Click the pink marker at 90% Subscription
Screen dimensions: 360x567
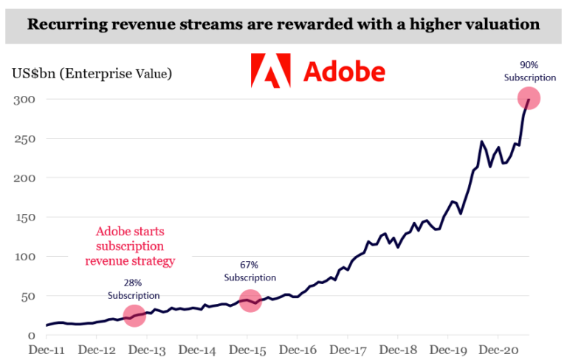point(529,98)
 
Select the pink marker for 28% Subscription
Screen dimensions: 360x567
point(134,316)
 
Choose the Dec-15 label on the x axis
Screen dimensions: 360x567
point(247,350)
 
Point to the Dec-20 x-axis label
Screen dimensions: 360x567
point(497,350)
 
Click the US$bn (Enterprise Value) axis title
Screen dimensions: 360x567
point(92,73)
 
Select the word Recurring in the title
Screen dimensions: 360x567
point(63,24)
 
